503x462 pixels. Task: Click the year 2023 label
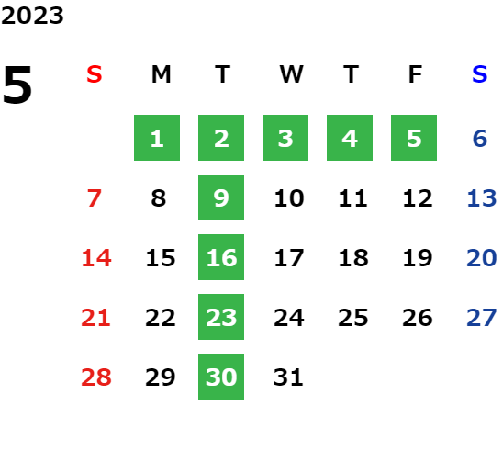(x=32, y=16)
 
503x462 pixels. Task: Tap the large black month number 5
(x=17, y=85)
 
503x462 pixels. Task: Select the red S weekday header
(x=95, y=74)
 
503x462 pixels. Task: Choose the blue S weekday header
(x=479, y=74)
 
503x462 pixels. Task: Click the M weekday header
(x=161, y=74)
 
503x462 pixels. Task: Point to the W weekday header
(x=291, y=74)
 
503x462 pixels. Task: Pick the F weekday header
(x=416, y=74)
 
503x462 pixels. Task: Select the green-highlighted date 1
(x=157, y=138)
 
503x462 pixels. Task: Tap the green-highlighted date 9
(x=221, y=197)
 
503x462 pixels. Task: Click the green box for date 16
(x=221, y=257)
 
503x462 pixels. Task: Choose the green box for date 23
(x=221, y=317)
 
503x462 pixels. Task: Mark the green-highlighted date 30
(x=221, y=377)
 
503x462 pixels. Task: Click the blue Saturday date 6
(x=480, y=139)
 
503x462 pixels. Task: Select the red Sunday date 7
(x=95, y=198)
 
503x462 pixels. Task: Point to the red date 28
(x=96, y=377)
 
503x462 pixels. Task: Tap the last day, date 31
(x=288, y=377)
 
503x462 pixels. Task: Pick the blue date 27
(x=482, y=318)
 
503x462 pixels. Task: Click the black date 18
(x=353, y=258)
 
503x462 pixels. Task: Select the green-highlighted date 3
(x=285, y=138)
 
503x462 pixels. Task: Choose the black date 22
(x=161, y=318)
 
